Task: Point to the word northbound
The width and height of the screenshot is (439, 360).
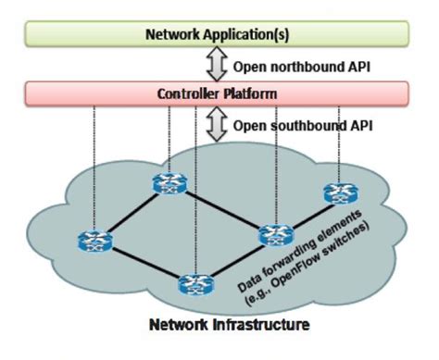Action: tap(295, 66)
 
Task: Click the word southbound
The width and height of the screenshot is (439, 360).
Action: tap(295, 124)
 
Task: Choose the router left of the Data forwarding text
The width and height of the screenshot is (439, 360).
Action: tap(274, 235)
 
